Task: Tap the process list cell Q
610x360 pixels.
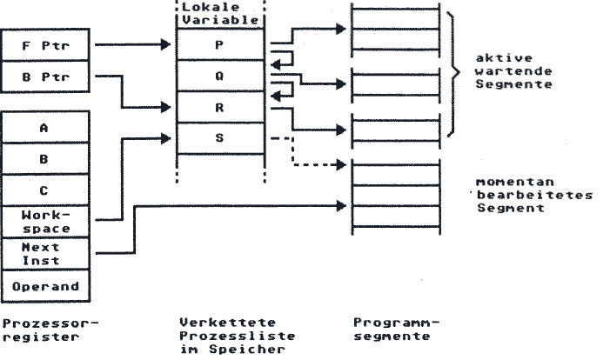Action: [x=220, y=76]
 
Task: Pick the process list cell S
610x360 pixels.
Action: [x=220, y=138]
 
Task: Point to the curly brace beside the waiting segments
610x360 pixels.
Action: [x=453, y=73]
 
